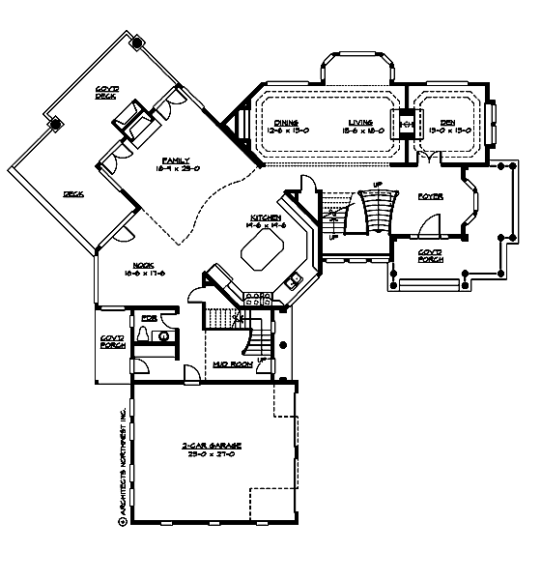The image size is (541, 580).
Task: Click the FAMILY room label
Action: (x=177, y=159)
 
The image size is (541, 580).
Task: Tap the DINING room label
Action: (x=286, y=122)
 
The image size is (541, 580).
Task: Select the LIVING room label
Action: (x=361, y=122)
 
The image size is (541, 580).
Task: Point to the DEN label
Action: (x=448, y=122)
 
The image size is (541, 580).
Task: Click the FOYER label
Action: (x=431, y=196)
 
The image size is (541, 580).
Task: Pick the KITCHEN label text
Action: (x=266, y=217)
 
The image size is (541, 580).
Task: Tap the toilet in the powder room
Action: (x=144, y=334)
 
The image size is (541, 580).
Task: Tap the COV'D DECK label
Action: (x=106, y=95)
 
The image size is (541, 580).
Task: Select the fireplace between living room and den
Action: (x=407, y=125)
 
